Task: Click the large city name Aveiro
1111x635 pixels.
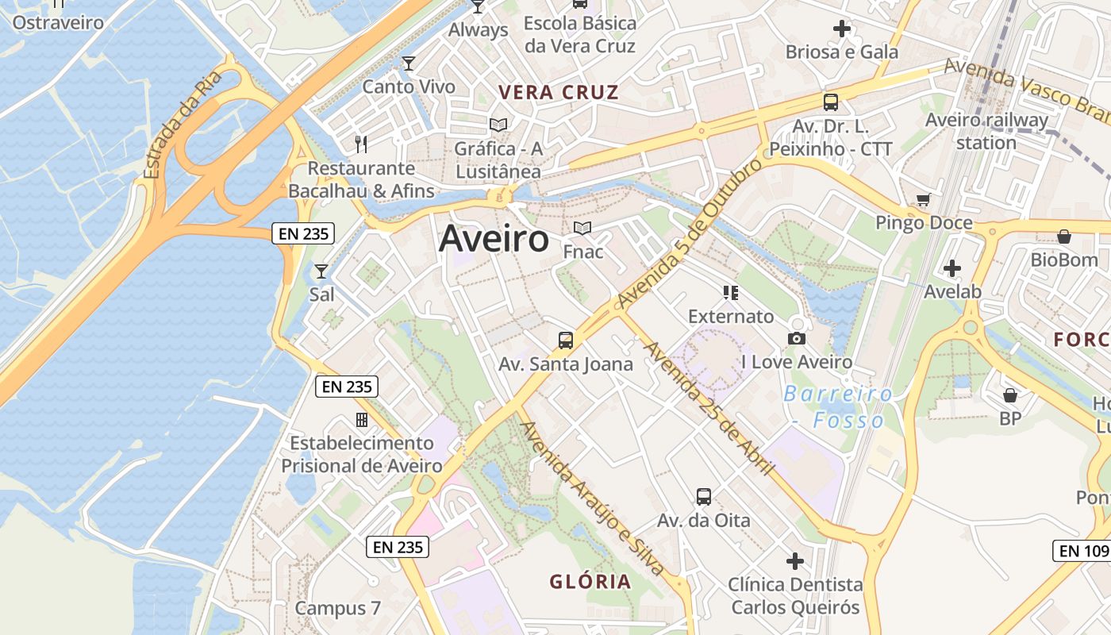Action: [x=494, y=238]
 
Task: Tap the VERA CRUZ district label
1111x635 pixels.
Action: [x=559, y=92]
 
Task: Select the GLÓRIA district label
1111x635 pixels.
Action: [x=590, y=581]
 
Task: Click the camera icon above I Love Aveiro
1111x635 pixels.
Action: [x=797, y=339]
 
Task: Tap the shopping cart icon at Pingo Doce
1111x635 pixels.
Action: [x=923, y=199]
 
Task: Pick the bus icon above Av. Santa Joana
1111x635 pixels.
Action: [x=566, y=341]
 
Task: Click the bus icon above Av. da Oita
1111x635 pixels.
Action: [x=703, y=497]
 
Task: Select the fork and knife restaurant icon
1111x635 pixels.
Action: [x=361, y=144]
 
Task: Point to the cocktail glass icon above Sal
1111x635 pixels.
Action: [x=321, y=271]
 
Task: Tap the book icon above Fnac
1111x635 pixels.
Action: [x=582, y=229]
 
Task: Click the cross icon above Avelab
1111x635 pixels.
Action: [x=952, y=268]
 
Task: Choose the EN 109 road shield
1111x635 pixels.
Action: [x=1082, y=550]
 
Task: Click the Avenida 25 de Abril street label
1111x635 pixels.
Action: [x=708, y=408]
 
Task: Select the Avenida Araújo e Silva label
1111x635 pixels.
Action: [x=592, y=498]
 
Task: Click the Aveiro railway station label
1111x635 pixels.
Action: [x=986, y=132]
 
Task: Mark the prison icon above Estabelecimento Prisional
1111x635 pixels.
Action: [x=361, y=419]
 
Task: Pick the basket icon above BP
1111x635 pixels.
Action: [x=1010, y=394]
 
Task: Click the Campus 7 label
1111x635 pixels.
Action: [x=338, y=608]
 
